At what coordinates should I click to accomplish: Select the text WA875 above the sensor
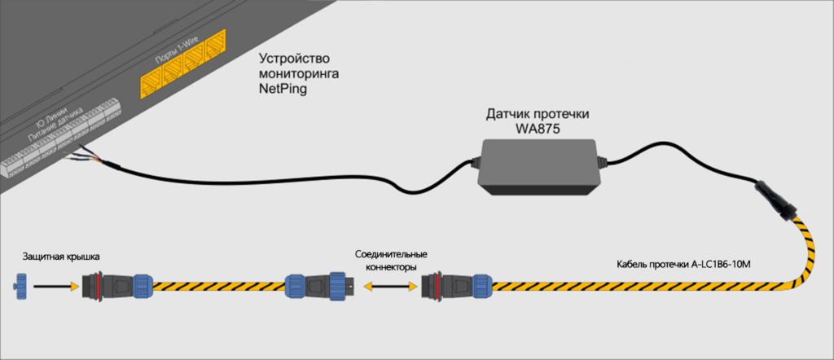[538, 129]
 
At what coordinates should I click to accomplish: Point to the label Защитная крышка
[61, 257]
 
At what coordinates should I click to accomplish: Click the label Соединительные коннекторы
[392, 261]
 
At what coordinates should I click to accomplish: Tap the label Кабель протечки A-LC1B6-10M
[683, 264]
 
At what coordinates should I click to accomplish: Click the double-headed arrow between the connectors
[390, 287]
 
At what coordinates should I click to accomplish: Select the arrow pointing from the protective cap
[56, 286]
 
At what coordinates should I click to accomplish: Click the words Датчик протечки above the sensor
[538, 114]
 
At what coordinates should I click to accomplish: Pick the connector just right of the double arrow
[457, 286]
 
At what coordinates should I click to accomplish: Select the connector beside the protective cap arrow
[117, 286]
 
